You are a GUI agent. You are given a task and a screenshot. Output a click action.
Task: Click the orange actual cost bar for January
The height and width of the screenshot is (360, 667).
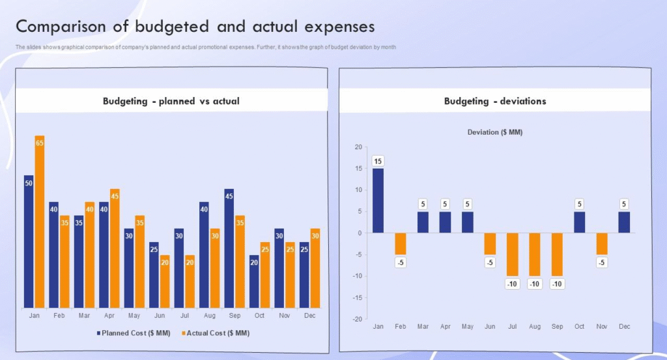pos(40,221)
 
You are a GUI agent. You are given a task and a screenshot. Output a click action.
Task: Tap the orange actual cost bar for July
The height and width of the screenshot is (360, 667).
pos(190,281)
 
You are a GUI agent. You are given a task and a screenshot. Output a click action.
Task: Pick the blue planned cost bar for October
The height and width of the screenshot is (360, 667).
pos(254,281)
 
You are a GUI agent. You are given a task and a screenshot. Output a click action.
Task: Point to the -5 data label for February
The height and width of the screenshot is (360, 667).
pos(400,262)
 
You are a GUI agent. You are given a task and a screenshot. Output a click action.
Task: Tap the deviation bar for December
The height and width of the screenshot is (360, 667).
pos(624,222)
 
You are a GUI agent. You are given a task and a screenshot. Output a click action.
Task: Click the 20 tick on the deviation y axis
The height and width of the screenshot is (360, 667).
pos(357,147)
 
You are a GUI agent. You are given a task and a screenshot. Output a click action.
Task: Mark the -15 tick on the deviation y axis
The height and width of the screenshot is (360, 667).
pos(356,298)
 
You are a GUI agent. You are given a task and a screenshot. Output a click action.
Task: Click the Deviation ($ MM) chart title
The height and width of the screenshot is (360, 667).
pos(495,132)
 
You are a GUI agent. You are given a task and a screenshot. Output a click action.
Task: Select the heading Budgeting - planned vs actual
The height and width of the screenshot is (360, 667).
pos(171,101)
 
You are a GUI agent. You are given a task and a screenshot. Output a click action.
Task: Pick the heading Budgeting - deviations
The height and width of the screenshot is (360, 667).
pos(495,101)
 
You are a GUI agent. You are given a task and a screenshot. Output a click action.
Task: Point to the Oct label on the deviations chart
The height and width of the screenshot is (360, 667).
pos(579,326)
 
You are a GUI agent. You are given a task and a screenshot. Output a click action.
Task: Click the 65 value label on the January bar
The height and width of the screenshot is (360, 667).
pos(40,143)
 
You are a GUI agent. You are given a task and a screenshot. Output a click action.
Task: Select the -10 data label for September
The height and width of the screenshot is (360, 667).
pos(557,284)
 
